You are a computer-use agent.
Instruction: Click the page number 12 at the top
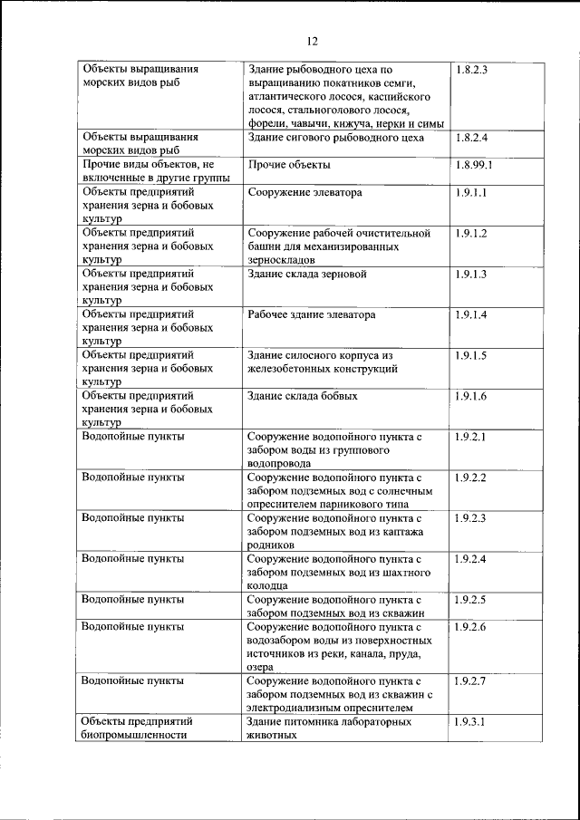(312, 41)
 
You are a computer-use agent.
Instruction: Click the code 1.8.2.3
(471, 70)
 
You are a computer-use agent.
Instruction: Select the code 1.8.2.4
(471, 138)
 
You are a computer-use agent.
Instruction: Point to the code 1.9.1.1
(471, 193)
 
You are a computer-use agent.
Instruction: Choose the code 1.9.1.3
(471, 274)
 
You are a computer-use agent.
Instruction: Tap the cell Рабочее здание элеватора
(311, 314)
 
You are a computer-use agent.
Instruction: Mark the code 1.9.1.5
(471, 355)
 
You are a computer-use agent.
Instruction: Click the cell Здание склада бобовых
(302, 396)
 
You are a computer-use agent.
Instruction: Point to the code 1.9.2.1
(471, 437)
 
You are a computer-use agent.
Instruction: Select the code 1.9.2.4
(471, 559)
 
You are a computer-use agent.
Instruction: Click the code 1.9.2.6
(471, 627)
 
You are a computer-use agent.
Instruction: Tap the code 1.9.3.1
(471, 722)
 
